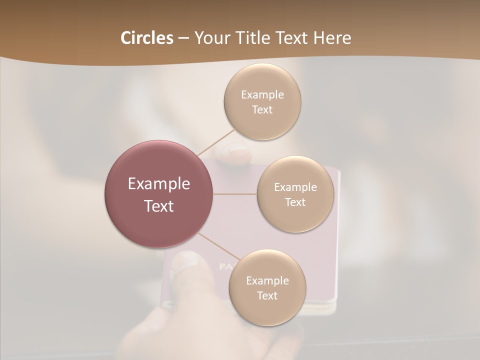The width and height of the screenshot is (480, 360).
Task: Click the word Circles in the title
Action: (146, 38)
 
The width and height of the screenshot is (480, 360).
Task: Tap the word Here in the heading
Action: (332, 38)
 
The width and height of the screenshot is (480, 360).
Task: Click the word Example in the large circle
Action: (159, 184)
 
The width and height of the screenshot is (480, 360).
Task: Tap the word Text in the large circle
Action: (159, 206)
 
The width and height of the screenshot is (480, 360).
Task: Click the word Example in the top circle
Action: (262, 95)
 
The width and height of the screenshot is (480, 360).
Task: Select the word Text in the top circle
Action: (262, 110)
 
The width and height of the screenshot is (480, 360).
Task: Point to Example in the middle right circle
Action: (295, 187)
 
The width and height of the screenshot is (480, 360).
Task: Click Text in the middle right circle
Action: (295, 202)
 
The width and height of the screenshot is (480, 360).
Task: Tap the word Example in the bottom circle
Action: (267, 281)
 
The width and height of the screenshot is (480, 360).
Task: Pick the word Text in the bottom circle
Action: (267, 296)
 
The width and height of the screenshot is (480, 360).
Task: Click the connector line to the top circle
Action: (216, 142)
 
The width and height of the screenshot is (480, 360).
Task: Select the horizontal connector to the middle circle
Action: (235, 194)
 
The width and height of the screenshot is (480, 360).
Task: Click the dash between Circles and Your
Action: (183, 38)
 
